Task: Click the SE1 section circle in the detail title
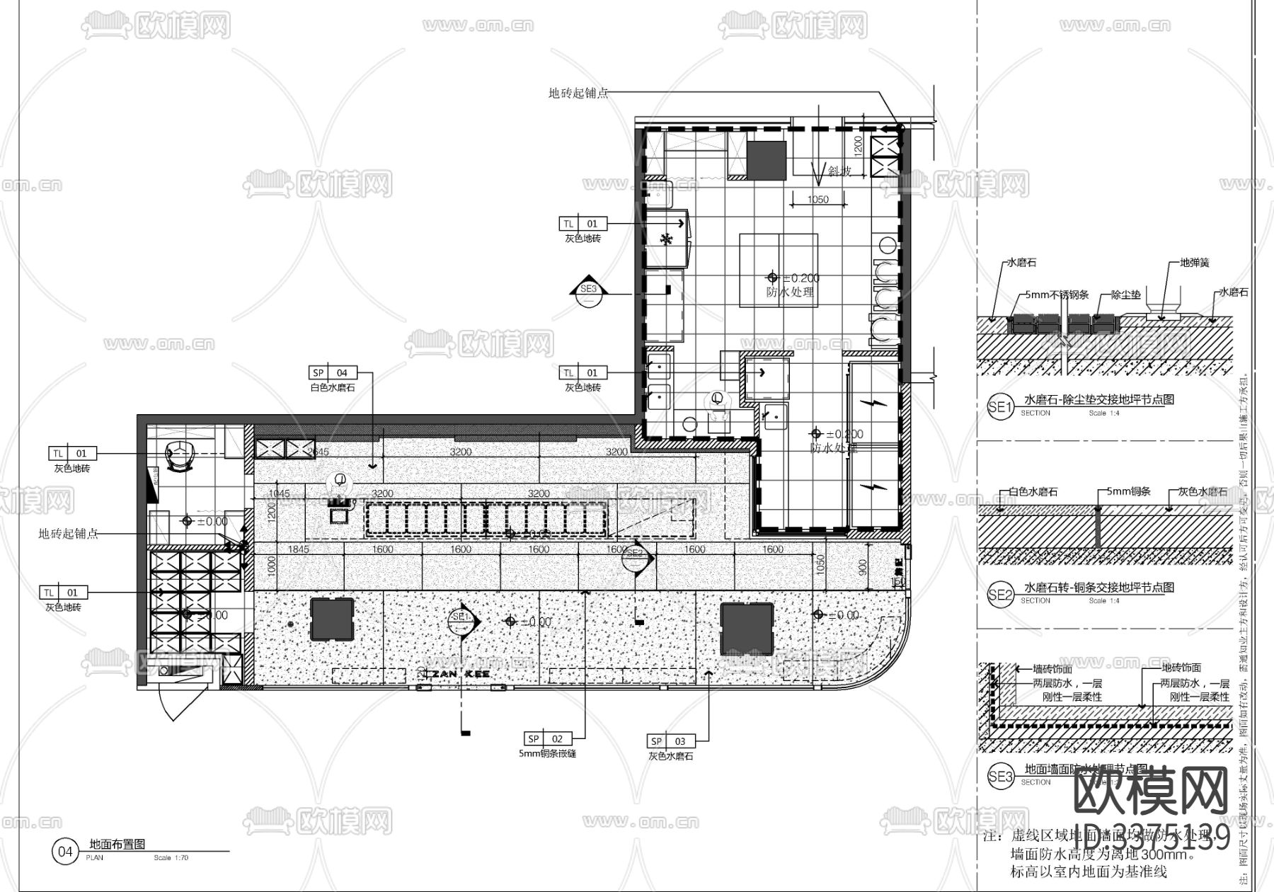coord(999,406)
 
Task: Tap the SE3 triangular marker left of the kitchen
coord(589,290)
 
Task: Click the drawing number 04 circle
coord(64,852)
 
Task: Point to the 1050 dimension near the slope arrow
coord(817,200)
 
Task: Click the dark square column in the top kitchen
coord(766,160)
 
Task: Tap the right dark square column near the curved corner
coord(747,629)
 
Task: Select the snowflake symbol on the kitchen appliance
coord(665,239)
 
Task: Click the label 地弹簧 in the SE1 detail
coord(1194,263)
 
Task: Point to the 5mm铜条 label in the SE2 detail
coord(1118,491)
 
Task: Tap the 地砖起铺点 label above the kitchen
coord(578,93)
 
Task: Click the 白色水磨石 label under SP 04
coord(333,388)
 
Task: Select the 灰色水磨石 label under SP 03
coord(670,756)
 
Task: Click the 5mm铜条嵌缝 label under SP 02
coord(547,754)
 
